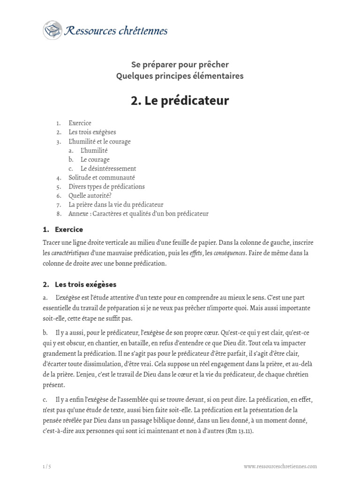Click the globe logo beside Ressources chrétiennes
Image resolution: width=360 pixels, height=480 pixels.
click(x=52, y=30)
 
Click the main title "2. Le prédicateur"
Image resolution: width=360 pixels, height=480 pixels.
click(x=180, y=101)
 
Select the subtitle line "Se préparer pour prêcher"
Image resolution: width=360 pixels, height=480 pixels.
click(x=180, y=64)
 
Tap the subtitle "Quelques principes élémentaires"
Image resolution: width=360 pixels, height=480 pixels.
click(x=180, y=75)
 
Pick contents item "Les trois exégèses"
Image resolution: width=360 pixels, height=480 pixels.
click(x=92, y=132)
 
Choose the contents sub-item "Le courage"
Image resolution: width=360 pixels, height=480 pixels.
click(x=95, y=159)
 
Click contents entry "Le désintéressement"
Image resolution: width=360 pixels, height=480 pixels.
click(x=108, y=168)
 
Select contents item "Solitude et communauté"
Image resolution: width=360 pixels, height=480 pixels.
click(x=101, y=178)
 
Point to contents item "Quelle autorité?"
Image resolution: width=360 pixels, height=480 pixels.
click(x=90, y=195)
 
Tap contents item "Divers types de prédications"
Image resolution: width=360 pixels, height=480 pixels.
click(x=106, y=187)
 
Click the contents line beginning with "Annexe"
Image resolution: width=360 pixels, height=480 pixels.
click(x=138, y=214)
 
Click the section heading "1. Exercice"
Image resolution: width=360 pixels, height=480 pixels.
click(x=63, y=230)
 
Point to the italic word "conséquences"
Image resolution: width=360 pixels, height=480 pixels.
click(x=230, y=253)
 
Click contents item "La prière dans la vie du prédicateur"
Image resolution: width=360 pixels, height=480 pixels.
click(x=116, y=205)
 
